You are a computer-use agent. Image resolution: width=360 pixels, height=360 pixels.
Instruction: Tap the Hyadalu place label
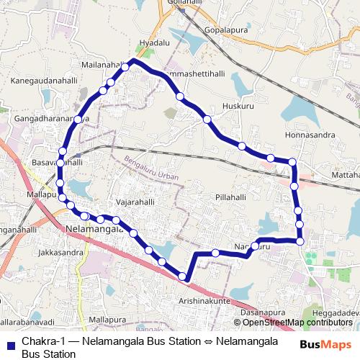154,43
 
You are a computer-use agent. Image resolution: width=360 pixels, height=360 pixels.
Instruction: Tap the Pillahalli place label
230,197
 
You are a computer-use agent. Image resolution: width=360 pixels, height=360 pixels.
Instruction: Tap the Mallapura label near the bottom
106,318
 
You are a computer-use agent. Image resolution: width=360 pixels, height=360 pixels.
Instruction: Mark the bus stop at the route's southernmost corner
183,276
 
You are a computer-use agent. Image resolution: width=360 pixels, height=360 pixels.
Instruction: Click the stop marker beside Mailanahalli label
125,67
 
